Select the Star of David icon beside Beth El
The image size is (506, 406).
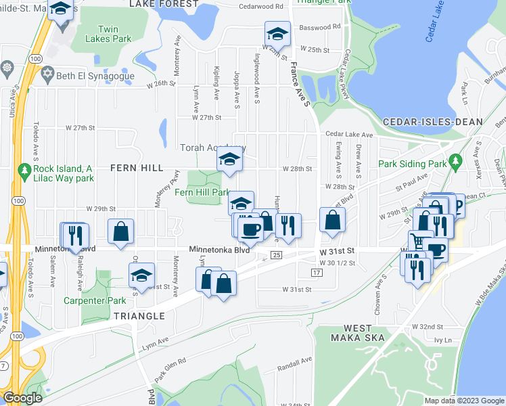[47, 72]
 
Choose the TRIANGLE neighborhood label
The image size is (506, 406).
[139, 316]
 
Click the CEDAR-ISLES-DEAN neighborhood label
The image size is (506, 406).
[432, 122]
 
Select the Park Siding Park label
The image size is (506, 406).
[413, 164]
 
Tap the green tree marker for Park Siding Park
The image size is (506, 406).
[456, 161]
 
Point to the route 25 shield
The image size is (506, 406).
[276, 255]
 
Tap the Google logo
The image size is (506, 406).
[22, 398]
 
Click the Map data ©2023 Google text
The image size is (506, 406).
[464, 401]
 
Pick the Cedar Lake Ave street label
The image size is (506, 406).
[349, 135]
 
